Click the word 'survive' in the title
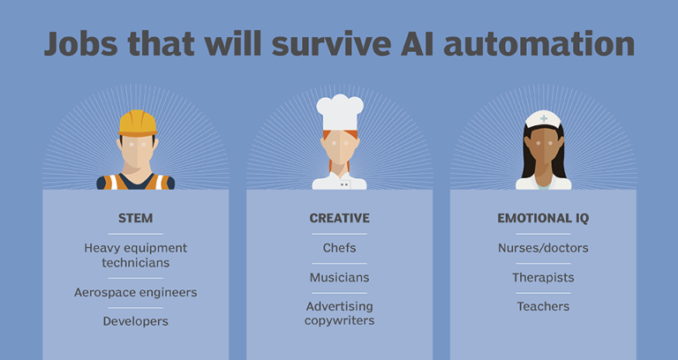click(331, 44)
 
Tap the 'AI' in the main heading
click(418, 43)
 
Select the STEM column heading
click(135, 218)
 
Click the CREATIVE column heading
click(339, 218)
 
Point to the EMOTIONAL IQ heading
click(543, 218)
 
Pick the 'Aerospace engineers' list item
click(135, 293)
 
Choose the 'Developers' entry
click(135, 321)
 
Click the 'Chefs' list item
click(339, 248)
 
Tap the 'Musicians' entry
click(339, 277)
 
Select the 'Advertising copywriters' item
click(339, 313)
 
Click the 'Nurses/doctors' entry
click(543, 248)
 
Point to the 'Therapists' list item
click(543, 277)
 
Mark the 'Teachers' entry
click(543, 306)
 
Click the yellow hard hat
click(138, 124)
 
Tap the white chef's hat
click(340, 112)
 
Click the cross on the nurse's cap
click(544, 118)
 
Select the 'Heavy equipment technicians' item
click(135, 255)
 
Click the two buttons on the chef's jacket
click(344, 184)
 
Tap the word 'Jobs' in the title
click(81, 44)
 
